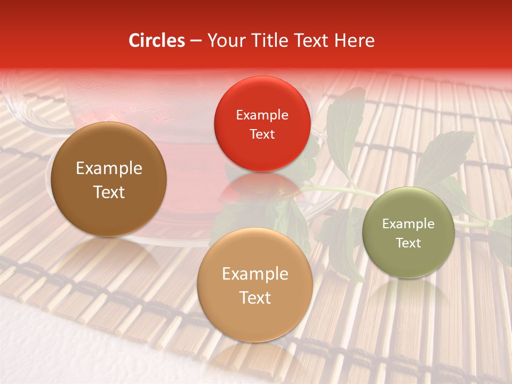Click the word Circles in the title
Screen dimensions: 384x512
[157, 41]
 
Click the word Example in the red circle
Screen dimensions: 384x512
[262, 115]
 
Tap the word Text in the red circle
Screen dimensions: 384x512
[262, 134]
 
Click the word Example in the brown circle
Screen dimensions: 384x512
[109, 169]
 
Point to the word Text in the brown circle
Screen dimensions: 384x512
[109, 192]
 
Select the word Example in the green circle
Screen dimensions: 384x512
[409, 224]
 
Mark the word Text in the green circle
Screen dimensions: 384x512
[409, 243]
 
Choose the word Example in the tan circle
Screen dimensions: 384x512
[255, 274]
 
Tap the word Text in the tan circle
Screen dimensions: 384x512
[255, 298]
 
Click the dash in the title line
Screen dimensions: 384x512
[196, 41]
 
